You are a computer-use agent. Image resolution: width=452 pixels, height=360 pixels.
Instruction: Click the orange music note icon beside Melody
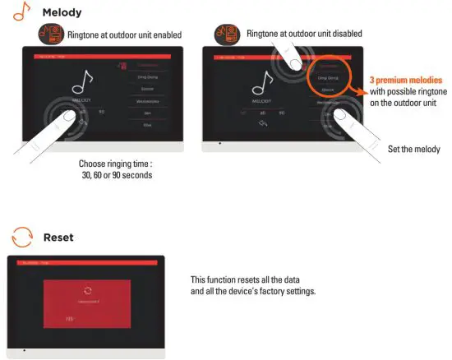pos(18,14)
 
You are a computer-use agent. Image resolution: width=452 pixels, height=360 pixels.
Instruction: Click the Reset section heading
pos(58,238)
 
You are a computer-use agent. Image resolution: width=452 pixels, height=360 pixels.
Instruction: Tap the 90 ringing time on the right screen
pos(282,112)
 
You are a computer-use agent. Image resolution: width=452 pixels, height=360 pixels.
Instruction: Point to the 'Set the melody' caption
pos(413,149)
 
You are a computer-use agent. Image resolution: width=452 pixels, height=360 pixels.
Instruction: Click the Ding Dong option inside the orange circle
pos(328,76)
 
